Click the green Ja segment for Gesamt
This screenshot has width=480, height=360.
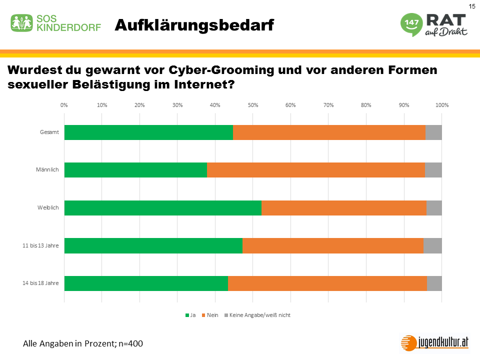[148, 132]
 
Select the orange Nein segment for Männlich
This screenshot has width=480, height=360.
[315, 170]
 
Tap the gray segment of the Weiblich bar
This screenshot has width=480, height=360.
[434, 208]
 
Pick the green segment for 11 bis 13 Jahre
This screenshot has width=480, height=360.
[153, 245]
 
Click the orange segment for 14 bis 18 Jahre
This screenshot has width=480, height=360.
[327, 283]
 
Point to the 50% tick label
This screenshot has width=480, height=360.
[253, 105]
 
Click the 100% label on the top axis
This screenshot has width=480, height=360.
[442, 105]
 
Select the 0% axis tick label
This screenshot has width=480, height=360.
[64, 105]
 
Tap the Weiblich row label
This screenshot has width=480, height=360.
[49, 207]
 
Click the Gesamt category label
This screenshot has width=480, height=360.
[50, 132]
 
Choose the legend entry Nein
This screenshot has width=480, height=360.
[212, 315]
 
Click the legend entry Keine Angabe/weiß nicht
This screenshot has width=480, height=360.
[259, 315]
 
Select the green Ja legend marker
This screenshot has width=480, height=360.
[187, 315]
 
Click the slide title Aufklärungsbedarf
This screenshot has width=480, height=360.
[194, 25]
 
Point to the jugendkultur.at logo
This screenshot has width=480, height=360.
[435, 342]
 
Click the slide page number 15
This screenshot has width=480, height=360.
[471, 6]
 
